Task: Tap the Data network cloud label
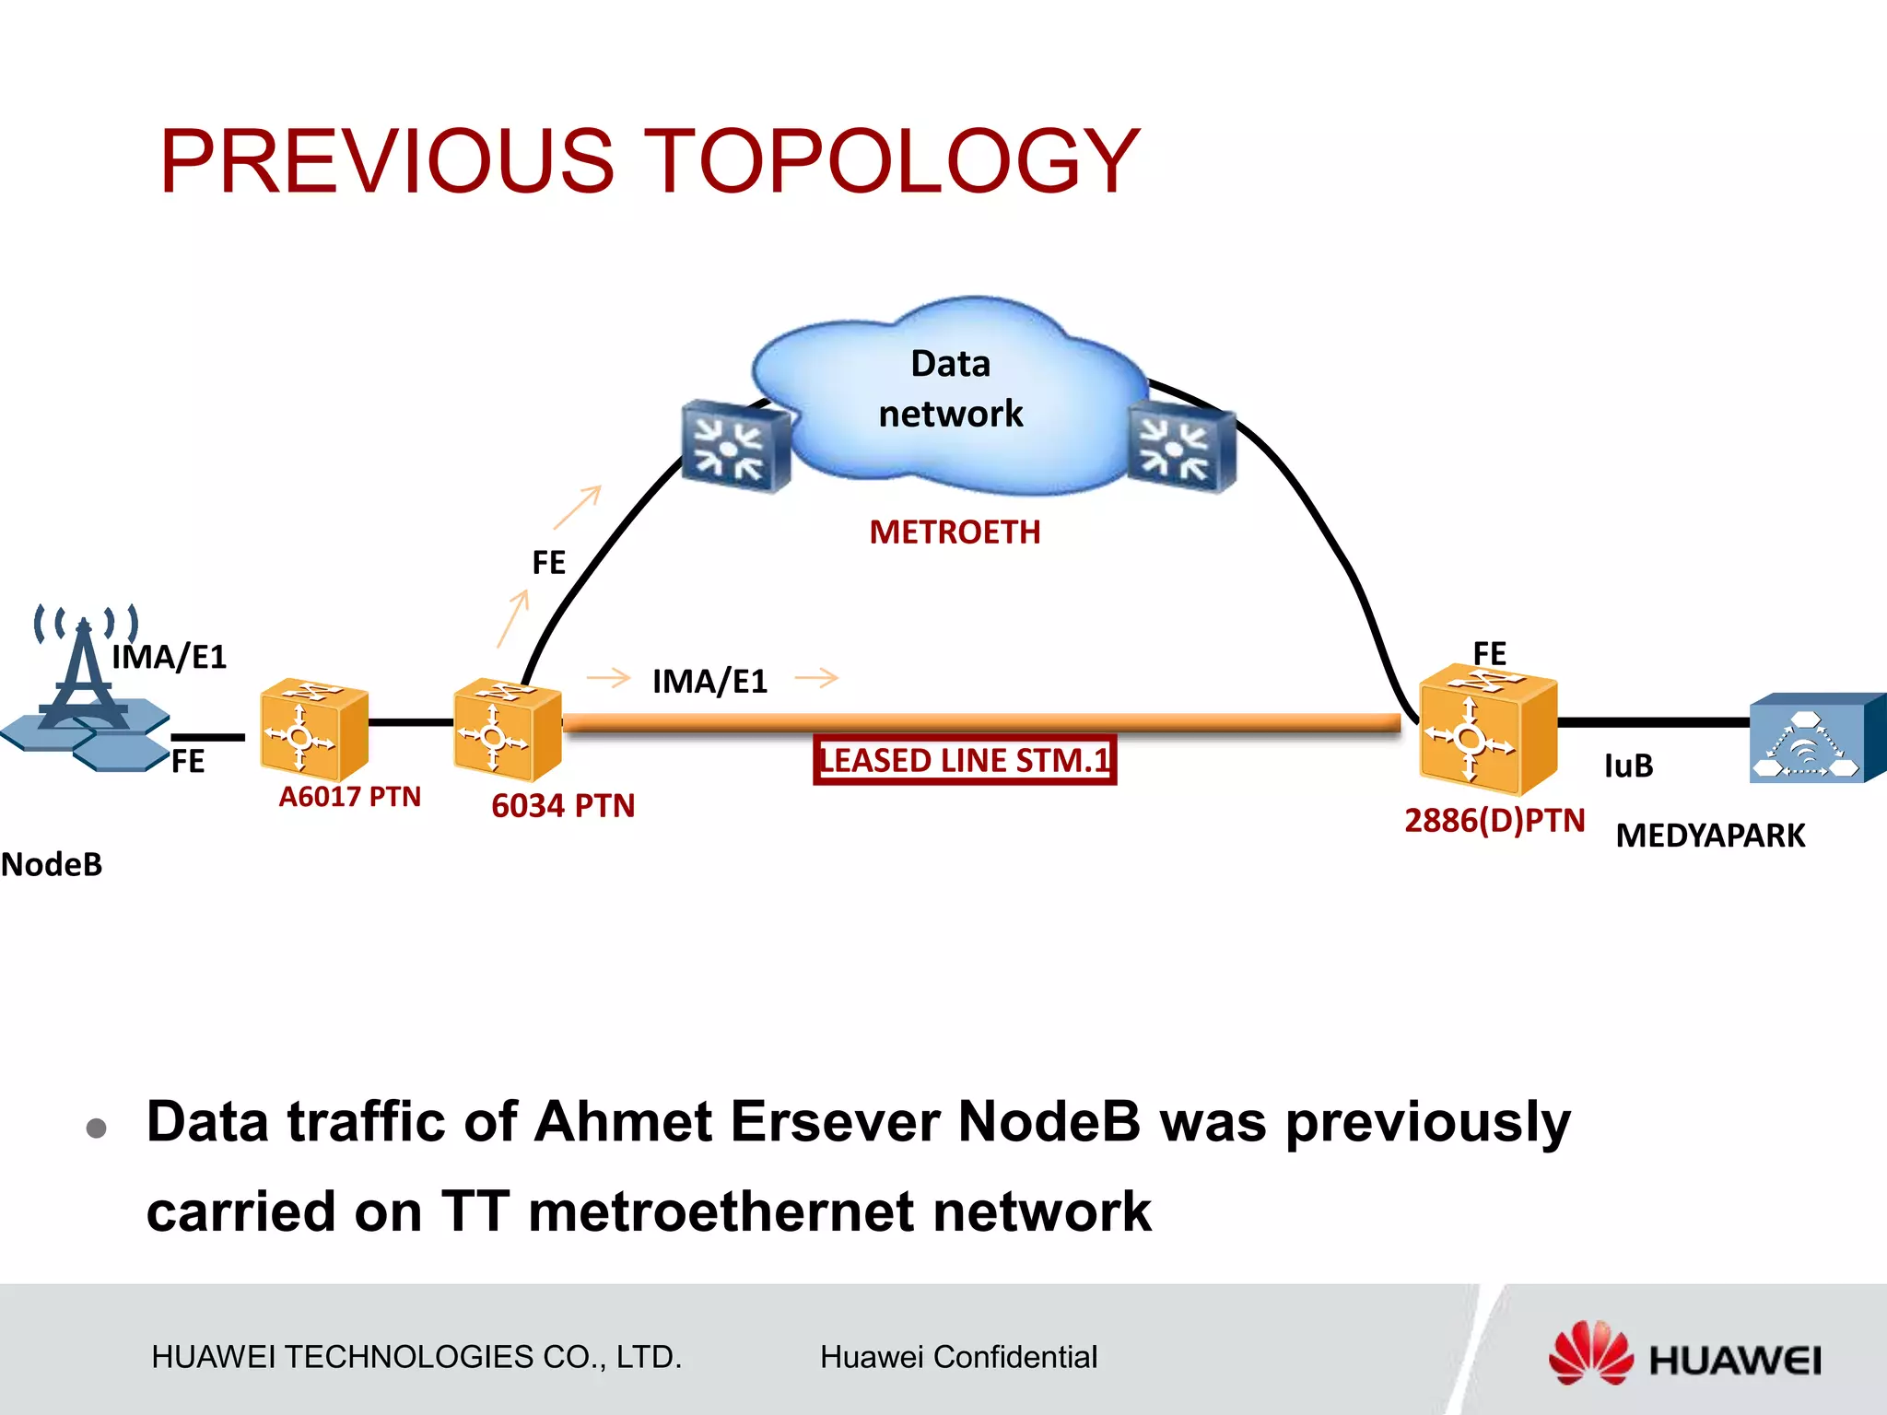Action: pyautogui.click(x=951, y=389)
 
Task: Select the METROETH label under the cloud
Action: pyautogui.click(x=955, y=532)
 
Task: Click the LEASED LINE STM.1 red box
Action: pyautogui.click(x=965, y=760)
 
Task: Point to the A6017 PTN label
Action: pyautogui.click(x=349, y=797)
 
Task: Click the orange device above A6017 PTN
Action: pyautogui.click(x=313, y=728)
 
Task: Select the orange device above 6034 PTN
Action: pyautogui.click(x=506, y=728)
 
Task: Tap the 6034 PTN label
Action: pyautogui.click(x=563, y=806)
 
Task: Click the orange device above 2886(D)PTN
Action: pyautogui.click(x=1486, y=730)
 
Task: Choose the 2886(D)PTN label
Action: pyautogui.click(x=1494, y=821)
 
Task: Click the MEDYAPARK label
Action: pyautogui.click(x=1710, y=836)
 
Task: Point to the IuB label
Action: pyautogui.click(x=1628, y=766)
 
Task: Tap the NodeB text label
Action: pyautogui.click(x=52, y=865)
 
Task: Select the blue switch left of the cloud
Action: pyautogui.click(x=734, y=446)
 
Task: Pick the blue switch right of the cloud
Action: pyautogui.click(x=1181, y=449)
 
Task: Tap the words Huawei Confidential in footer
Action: pyautogui.click(x=958, y=1357)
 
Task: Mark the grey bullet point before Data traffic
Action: pyautogui.click(x=97, y=1128)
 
